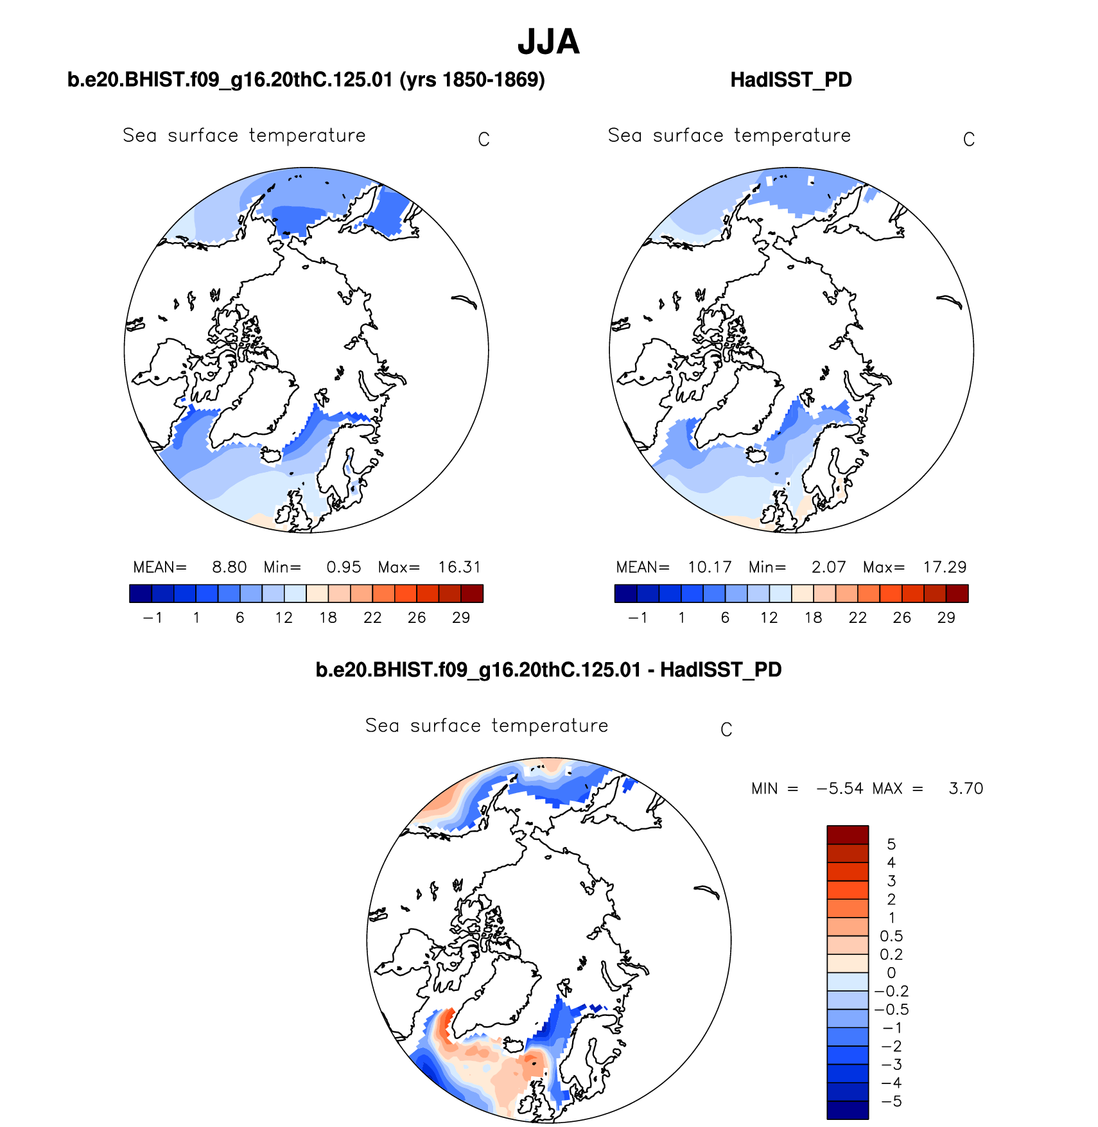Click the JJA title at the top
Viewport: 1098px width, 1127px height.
pyautogui.click(x=548, y=42)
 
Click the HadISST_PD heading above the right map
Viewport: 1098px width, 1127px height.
pyautogui.click(x=791, y=80)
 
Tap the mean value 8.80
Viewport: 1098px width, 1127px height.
pyautogui.click(x=229, y=567)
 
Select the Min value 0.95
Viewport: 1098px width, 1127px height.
pyautogui.click(x=344, y=567)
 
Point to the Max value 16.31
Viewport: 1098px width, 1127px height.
pyautogui.click(x=459, y=567)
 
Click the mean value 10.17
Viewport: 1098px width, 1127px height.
pyautogui.click(x=710, y=567)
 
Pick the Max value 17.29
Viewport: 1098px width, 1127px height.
pyautogui.click(x=945, y=567)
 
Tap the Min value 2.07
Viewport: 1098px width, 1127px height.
pyautogui.click(x=828, y=567)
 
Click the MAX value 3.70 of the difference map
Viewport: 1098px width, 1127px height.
pyautogui.click(x=966, y=789)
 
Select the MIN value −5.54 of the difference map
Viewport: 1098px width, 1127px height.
pyautogui.click(x=840, y=789)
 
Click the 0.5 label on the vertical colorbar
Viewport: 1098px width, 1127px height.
pyautogui.click(x=891, y=936)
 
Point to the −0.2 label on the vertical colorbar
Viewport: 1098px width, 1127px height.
pyautogui.click(x=891, y=992)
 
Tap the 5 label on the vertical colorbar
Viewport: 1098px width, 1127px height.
pyautogui.click(x=891, y=844)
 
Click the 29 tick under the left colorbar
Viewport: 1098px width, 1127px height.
pyautogui.click(x=461, y=618)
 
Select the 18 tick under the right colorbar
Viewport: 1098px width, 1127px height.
pyautogui.click(x=814, y=618)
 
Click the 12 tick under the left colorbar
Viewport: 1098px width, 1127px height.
pyautogui.click(x=284, y=618)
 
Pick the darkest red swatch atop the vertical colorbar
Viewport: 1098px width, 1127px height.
pyautogui.click(x=848, y=835)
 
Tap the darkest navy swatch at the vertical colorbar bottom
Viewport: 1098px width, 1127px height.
pyautogui.click(x=848, y=1110)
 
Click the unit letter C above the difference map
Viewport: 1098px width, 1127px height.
pyautogui.click(x=726, y=730)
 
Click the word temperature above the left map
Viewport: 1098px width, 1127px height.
pyautogui.click(x=307, y=135)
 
